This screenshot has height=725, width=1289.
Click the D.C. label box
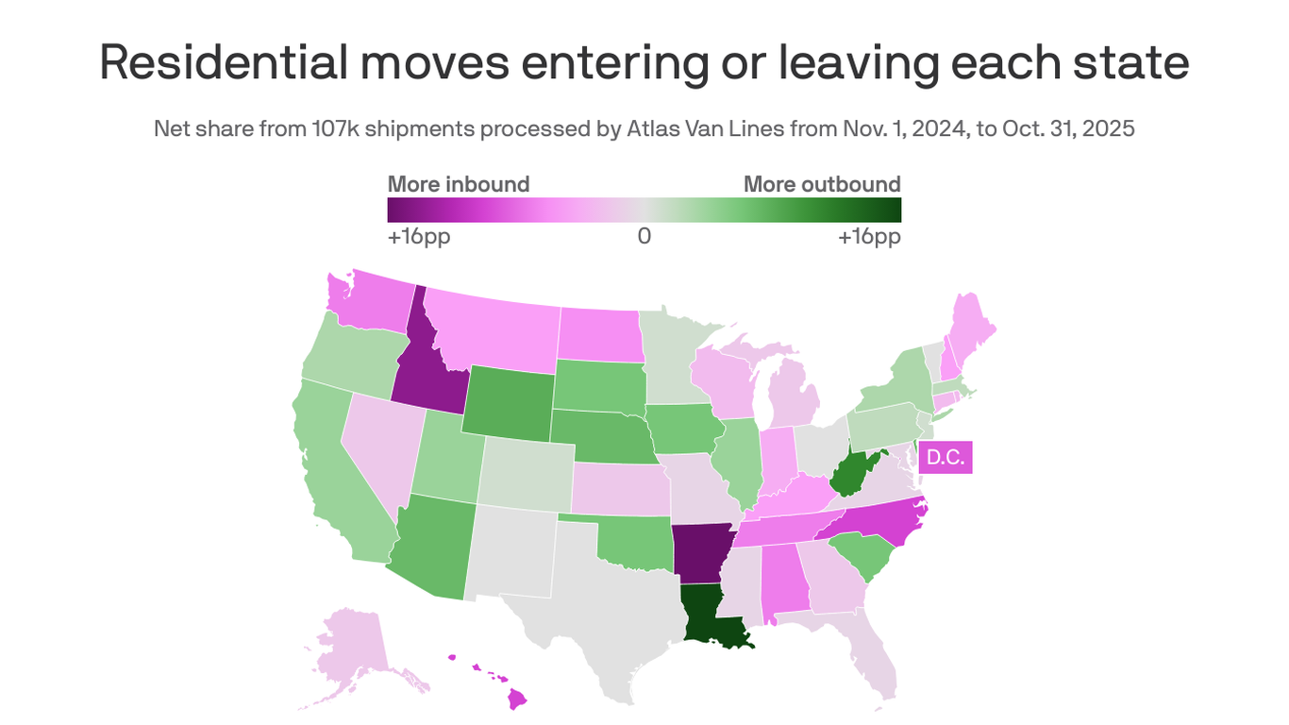(x=945, y=458)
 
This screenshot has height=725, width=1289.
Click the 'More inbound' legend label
(x=459, y=184)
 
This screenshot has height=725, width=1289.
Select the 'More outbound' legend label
(x=822, y=184)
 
